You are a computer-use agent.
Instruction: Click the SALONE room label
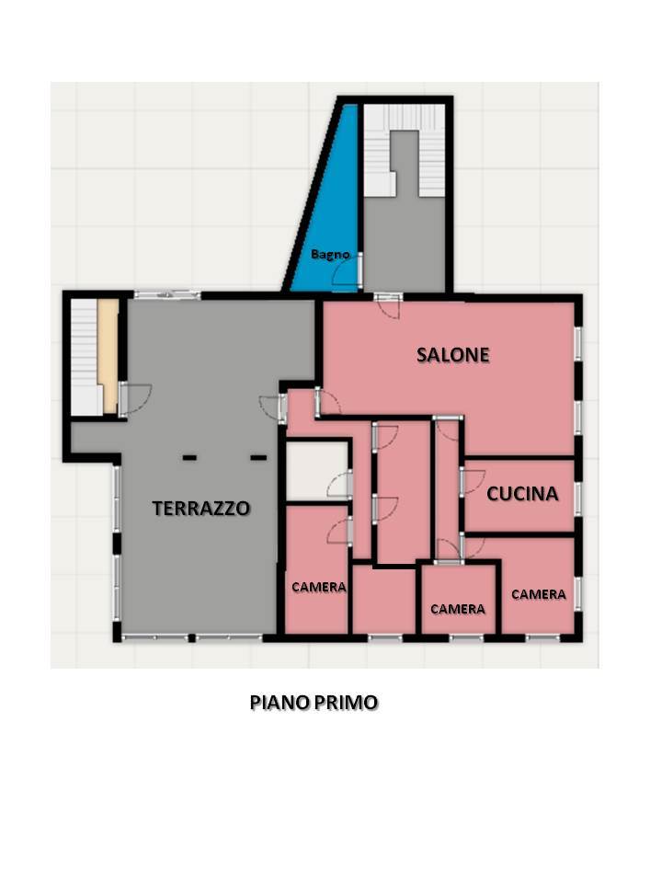(453, 355)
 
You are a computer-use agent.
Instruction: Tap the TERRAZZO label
(201, 508)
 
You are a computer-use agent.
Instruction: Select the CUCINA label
(522, 494)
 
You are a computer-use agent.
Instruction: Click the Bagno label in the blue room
(330, 255)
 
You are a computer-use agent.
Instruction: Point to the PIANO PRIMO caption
(314, 702)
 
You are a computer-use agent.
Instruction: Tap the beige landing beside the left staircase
(108, 355)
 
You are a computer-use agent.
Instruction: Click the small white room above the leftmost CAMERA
(317, 471)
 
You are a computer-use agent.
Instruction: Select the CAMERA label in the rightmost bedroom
(539, 594)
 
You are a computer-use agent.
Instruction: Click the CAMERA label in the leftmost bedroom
(319, 587)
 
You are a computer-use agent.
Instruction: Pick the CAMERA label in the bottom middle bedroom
(458, 609)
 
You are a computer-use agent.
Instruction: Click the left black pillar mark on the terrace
(189, 458)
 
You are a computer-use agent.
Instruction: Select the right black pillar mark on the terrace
(258, 458)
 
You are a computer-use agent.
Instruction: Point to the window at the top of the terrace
(167, 294)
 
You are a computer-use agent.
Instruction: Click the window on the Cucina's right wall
(578, 498)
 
